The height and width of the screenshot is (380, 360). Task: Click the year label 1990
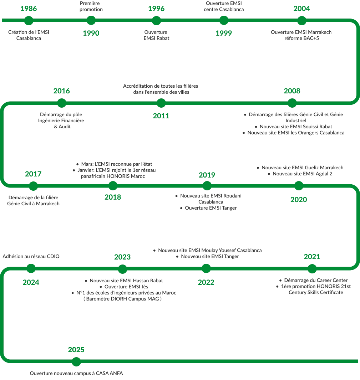pos(91,33)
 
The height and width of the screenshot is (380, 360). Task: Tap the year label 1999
pos(224,33)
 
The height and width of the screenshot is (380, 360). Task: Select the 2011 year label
pos(161,116)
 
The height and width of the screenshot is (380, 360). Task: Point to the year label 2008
pos(292,91)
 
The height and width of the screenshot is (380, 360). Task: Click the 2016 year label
pos(62,91)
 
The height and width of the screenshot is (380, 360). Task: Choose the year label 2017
pos(33,174)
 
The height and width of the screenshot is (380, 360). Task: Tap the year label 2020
pos(298,199)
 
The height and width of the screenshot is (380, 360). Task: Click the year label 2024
pos(31,282)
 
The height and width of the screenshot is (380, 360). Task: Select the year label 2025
pos(76,350)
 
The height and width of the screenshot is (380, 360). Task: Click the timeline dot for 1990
pos(91,20)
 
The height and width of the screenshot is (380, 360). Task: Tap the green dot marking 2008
pos(292,103)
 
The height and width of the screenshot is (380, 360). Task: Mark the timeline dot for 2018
pos(113,186)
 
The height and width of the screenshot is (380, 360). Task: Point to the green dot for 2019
pos(207,186)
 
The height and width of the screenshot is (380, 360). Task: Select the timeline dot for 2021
pos(312,268)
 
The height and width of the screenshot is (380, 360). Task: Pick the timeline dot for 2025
pos(76,362)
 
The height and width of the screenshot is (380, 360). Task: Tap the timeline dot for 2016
pos(62,103)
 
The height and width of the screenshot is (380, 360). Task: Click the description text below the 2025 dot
pos(77,374)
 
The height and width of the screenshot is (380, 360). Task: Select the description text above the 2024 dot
pos(31,257)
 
